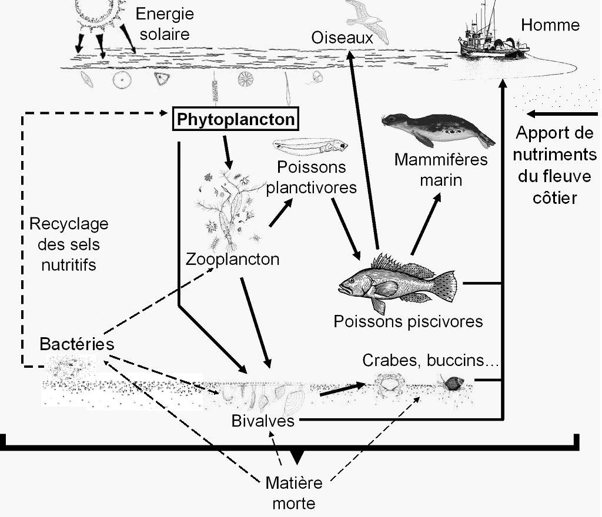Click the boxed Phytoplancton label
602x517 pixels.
[236, 120]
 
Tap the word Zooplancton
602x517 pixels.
[232, 259]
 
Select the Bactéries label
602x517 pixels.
[76, 344]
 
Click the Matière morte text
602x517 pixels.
[294, 493]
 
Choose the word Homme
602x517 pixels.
[550, 25]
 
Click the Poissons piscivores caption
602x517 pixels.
[408, 321]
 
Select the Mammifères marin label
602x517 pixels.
[441, 169]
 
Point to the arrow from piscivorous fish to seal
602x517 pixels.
[425, 224]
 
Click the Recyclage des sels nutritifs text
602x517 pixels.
[69, 244]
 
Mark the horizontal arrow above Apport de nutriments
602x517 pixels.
[561, 114]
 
